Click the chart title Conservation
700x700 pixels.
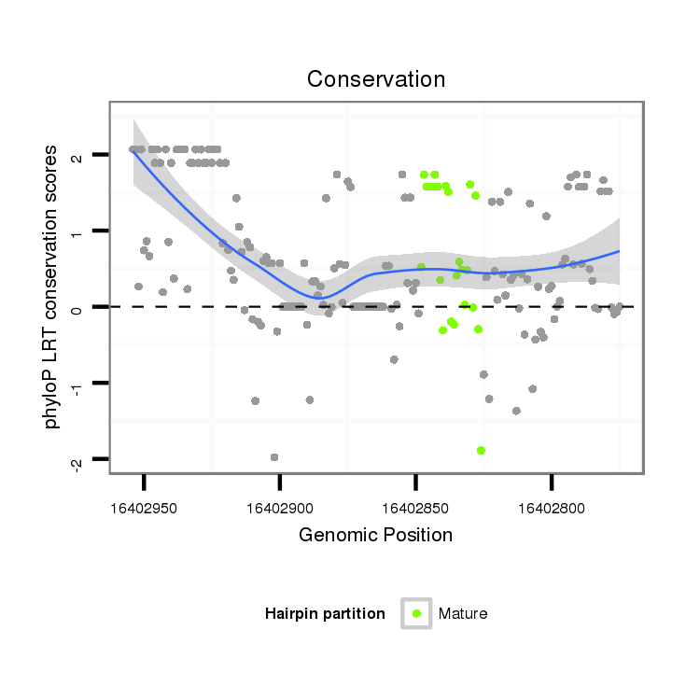click(x=376, y=79)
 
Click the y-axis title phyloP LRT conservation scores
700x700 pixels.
click(x=53, y=287)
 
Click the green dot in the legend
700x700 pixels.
click(x=416, y=613)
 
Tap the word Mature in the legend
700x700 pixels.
click(x=463, y=613)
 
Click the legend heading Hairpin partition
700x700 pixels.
click(x=325, y=613)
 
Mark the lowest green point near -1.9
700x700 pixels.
click(x=481, y=450)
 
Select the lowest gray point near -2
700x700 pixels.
click(x=274, y=457)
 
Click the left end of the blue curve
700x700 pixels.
click(x=134, y=150)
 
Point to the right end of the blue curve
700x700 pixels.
click(x=619, y=251)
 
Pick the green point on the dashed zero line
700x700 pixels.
click(x=473, y=307)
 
